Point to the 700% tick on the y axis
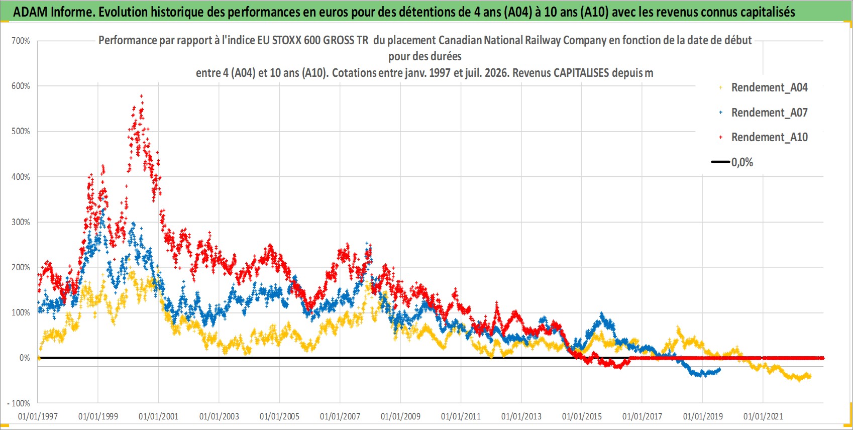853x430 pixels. (x=21, y=41)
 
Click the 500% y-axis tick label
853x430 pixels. (x=21, y=132)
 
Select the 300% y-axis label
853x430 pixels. (x=21, y=222)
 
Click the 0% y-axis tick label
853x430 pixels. (x=25, y=358)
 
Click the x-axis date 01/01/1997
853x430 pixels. (x=38, y=416)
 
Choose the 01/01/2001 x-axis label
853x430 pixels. (x=158, y=416)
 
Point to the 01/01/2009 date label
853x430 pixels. (x=400, y=416)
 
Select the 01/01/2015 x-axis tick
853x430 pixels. (x=582, y=416)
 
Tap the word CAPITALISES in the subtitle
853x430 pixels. (x=581, y=73)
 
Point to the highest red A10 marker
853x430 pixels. (x=141, y=96)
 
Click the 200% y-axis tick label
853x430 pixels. (x=21, y=267)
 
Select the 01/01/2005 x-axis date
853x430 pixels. (x=279, y=416)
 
